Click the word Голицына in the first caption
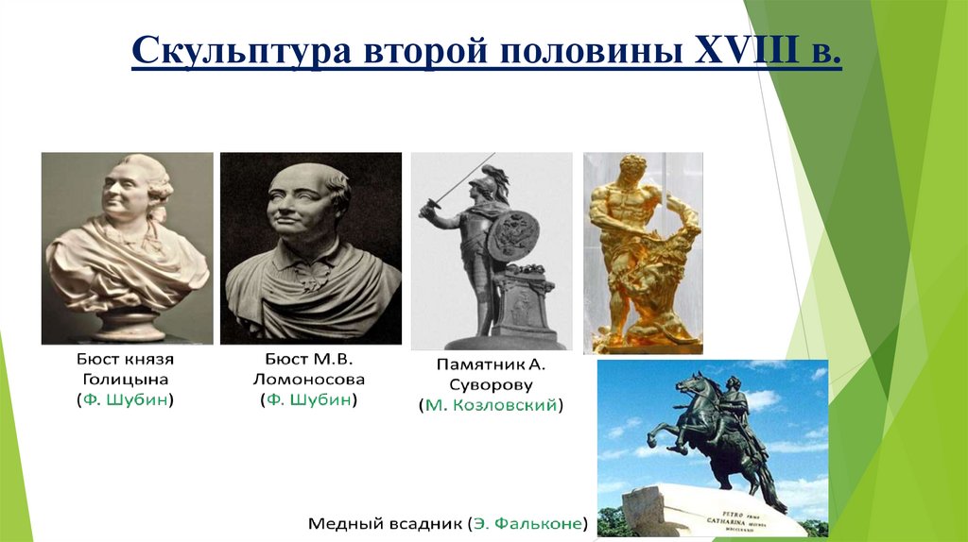coord(126,380)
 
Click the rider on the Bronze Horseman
coord(734,401)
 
